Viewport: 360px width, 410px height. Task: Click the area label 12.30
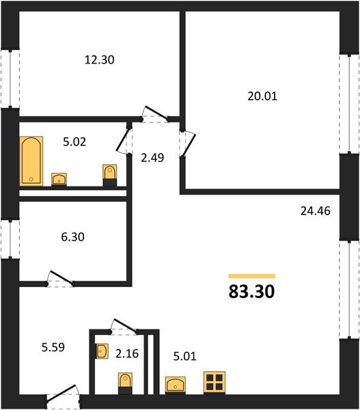(x=99, y=60)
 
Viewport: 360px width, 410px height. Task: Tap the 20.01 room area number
(x=262, y=96)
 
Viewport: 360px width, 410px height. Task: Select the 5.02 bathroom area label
(x=74, y=141)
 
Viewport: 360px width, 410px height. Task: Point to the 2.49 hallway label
(x=152, y=158)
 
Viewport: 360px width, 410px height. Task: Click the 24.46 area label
(x=316, y=210)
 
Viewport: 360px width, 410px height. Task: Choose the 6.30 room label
(x=72, y=237)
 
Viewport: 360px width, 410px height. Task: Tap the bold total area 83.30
(x=251, y=291)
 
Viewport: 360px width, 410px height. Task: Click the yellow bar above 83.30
(x=252, y=276)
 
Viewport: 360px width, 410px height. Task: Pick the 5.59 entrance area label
(x=53, y=348)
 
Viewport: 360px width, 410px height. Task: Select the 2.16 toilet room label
(x=127, y=353)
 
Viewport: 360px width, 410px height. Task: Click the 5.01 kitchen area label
(x=185, y=357)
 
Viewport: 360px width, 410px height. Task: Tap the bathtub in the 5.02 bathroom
(x=31, y=161)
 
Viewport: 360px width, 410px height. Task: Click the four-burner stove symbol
(x=214, y=382)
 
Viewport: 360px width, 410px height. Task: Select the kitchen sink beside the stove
(x=176, y=385)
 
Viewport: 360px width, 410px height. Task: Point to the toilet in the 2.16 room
(x=125, y=383)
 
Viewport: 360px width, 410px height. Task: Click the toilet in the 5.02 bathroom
(x=110, y=175)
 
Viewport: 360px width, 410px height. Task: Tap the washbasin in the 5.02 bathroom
(x=59, y=179)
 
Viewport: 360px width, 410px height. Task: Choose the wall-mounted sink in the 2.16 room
(x=102, y=351)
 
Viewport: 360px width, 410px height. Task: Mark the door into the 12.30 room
(x=155, y=114)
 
